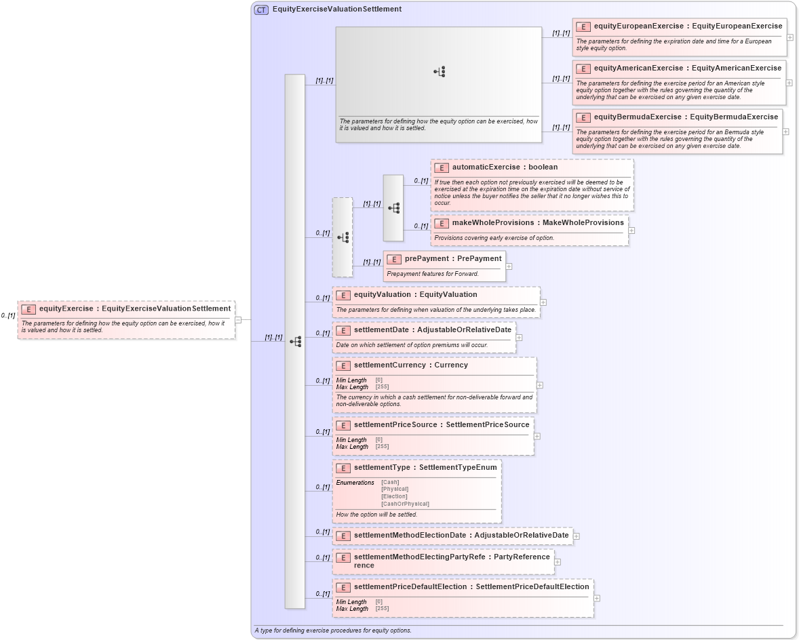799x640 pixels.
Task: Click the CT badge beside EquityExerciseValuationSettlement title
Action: tap(261, 9)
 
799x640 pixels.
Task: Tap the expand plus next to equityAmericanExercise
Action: tap(790, 83)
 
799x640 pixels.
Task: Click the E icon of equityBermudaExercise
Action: tap(583, 117)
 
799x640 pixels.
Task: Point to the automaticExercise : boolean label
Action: tap(505, 167)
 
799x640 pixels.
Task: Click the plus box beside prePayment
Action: tap(509, 266)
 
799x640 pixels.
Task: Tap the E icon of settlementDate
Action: tap(343, 330)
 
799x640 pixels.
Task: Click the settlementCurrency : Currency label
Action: tap(410, 365)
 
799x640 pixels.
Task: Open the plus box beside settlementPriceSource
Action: tap(537, 436)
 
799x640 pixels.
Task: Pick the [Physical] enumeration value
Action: tap(395, 489)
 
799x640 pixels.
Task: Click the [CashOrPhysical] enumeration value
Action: tap(405, 504)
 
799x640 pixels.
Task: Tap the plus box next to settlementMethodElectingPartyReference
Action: tap(558, 561)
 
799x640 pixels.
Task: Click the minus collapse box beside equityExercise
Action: tap(238, 320)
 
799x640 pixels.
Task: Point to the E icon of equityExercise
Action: tap(28, 309)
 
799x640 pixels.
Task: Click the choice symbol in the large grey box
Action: tap(440, 71)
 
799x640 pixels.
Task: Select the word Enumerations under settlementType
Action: tap(355, 483)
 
